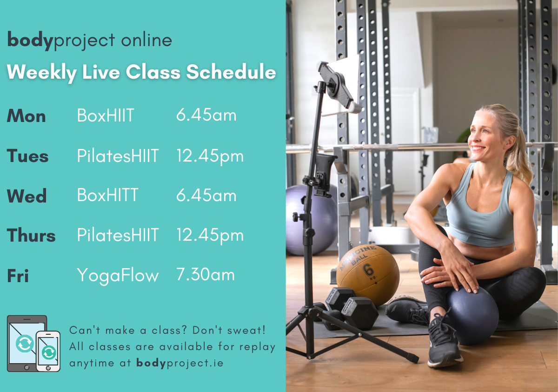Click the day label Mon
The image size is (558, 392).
[27, 116]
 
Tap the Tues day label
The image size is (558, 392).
[27, 155]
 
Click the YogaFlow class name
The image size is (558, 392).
[118, 275]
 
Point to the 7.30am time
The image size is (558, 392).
[206, 274]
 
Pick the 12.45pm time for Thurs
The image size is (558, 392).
[210, 235]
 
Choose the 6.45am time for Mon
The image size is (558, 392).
[206, 115]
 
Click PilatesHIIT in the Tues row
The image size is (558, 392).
[118, 155]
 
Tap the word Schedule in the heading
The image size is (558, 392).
[231, 72]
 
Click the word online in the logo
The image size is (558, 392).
[147, 40]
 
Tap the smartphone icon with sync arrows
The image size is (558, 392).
[48, 351]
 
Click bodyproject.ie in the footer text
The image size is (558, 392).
[180, 363]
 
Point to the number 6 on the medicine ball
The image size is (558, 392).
[368, 270]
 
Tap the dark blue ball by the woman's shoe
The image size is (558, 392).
[472, 316]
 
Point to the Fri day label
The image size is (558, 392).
[18, 276]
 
